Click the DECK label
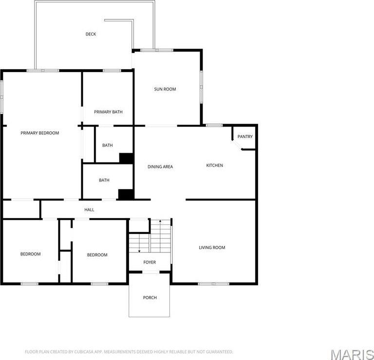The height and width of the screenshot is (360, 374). (x=91, y=34)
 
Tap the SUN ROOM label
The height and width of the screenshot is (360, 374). (x=165, y=89)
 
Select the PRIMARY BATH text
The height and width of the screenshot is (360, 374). (x=108, y=112)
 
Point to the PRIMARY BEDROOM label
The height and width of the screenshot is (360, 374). (x=39, y=133)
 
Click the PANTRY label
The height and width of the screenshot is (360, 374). (x=245, y=137)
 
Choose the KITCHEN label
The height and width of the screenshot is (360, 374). (x=214, y=165)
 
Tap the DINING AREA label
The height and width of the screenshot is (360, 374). (x=160, y=167)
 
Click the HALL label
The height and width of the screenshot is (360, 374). (x=89, y=210)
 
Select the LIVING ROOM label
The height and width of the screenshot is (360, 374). (x=212, y=248)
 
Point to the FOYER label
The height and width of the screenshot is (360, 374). (x=150, y=262)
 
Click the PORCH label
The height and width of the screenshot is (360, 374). (x=150, y=297)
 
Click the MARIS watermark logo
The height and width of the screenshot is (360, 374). (x=353, y=352)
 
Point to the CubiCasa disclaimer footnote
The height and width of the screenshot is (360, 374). (x=129, y=351)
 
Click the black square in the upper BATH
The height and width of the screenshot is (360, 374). (x=127, y=158)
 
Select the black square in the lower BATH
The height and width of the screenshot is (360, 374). (x=126, y=194)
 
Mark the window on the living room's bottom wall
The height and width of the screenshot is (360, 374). (x=213, y=284)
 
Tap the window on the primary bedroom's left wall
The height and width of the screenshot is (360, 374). (x=2, y=96)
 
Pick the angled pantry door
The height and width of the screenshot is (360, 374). (x=237, y=144)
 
